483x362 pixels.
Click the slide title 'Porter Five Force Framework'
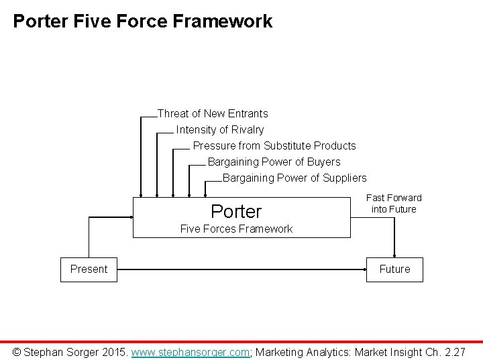(143, 21)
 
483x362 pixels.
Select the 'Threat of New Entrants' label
(213, 114)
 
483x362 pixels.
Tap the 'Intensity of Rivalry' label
(220, 130)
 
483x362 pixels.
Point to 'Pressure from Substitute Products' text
(274, 146)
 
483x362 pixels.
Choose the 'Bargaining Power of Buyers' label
(274, 162)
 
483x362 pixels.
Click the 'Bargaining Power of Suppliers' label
(294, 178)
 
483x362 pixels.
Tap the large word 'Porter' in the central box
(236, 212)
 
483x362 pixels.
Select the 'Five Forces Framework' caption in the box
(237, 229)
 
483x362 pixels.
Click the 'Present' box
(89, 269)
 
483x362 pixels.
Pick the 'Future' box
(394, 269)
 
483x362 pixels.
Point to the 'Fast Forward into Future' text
(394, 204)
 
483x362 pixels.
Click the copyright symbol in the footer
(17, 351)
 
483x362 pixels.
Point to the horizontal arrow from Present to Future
(241, 269)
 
